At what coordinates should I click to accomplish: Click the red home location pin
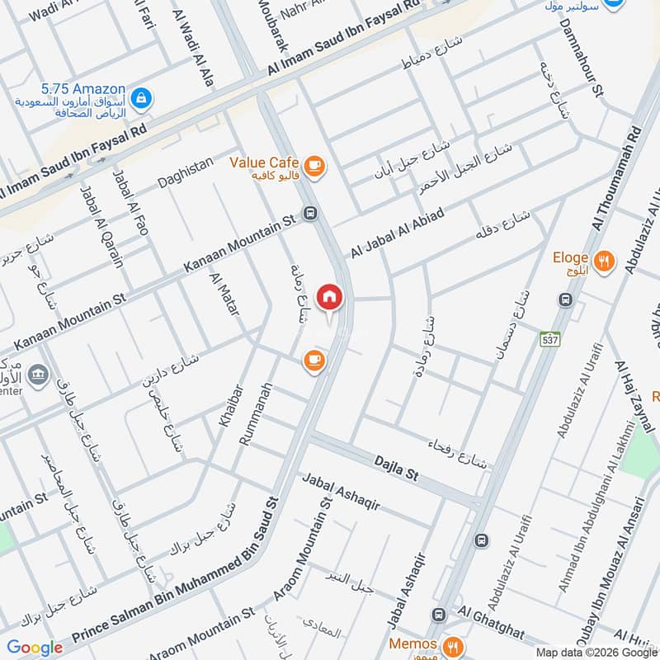[329, 297]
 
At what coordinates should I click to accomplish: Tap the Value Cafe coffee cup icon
[313, 167]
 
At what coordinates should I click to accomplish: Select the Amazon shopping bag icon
[142, 98]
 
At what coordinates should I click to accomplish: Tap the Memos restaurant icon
[452, 644]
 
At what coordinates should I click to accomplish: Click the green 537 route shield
[549, 339]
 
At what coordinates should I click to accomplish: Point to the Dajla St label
[397, 471]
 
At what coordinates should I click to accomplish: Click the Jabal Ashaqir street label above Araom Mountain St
[341, 493]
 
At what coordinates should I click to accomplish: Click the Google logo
[35, 648]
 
